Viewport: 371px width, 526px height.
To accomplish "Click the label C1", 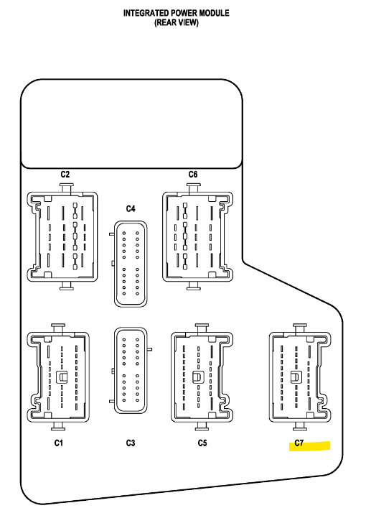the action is point(59,443).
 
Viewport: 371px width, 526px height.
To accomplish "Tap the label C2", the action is point(65,175).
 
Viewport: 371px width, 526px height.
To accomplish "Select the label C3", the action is point(131,443).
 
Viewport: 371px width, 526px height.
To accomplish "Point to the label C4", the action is point(131,208).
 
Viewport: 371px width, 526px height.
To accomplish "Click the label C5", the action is point(202,443).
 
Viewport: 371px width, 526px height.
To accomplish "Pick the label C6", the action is point(193,175).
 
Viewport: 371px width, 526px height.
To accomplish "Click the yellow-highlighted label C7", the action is point(299,443).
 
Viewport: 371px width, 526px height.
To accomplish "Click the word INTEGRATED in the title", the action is point(146,13).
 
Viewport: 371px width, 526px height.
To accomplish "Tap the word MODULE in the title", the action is point(215,13).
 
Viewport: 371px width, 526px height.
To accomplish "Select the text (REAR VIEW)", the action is point(177,22).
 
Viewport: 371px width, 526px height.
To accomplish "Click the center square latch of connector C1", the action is point(62,377).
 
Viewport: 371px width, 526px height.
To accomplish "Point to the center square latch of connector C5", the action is point(197,377).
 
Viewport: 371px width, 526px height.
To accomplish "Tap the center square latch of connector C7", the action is point(296,377).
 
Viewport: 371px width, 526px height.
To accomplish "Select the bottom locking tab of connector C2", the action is point(66,286).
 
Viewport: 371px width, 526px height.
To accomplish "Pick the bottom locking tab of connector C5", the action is point(202,426).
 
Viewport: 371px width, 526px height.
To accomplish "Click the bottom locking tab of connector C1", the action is point(58,426).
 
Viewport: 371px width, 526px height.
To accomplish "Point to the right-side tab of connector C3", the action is point(149,349).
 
